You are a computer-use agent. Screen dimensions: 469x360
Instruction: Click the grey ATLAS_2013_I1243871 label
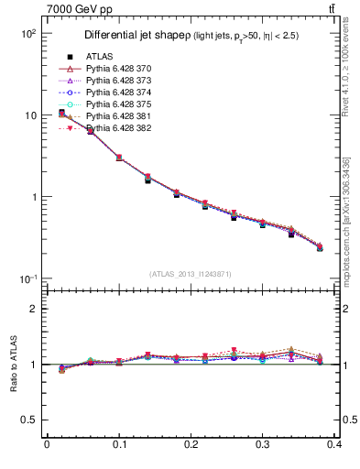tap(191, 275)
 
